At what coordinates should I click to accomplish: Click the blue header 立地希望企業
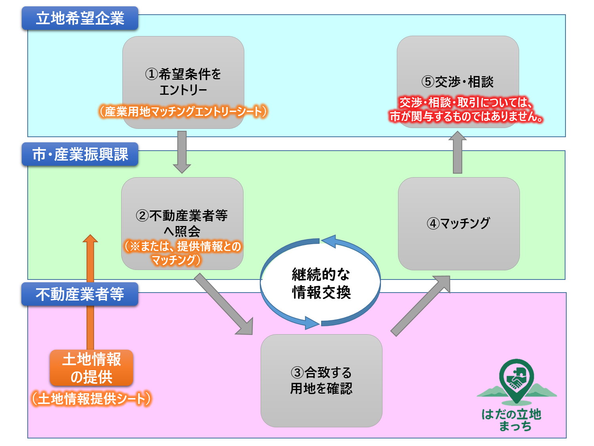tap(80, 18)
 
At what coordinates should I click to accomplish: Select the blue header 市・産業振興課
tap(80, 154)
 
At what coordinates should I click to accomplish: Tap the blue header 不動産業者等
tap(80, 294)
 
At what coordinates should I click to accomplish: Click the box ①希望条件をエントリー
tap(183, 82)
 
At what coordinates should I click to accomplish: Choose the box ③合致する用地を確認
tap(321, 380)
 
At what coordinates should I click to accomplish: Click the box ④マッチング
tap(459, 223)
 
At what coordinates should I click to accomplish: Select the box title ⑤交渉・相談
tap(457, 82)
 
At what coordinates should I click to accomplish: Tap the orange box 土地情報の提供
tap(91, 368)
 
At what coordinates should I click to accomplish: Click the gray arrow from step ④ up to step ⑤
tap(457, 153)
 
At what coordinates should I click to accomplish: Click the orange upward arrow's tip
tap(90, 237)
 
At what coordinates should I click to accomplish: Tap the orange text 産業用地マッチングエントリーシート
tap(183, 111)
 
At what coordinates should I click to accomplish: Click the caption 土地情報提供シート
tap(91, 398)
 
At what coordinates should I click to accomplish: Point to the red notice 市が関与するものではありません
tap(466, 116)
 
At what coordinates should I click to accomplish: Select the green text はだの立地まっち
tap(511, 420)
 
